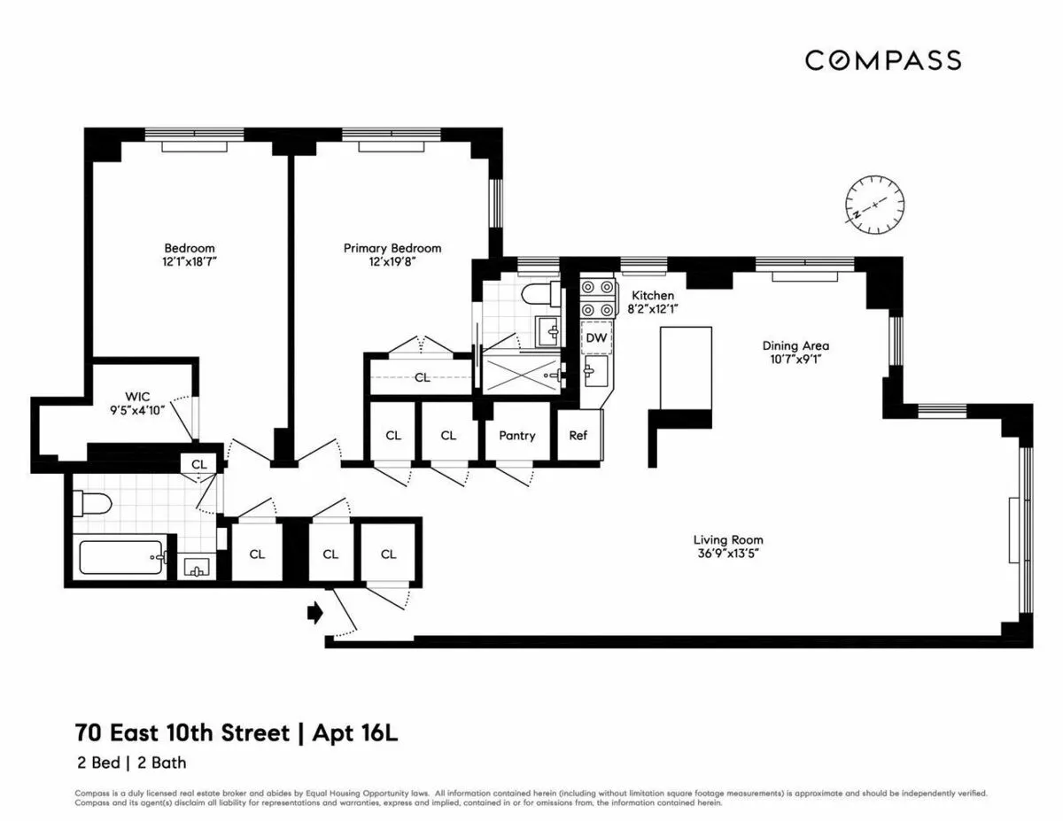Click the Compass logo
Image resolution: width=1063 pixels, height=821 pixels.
point(882,60)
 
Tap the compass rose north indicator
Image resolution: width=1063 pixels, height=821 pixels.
point(874,203)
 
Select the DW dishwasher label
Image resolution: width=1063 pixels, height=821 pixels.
point(596,337)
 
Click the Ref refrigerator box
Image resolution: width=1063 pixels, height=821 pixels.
point(578,435)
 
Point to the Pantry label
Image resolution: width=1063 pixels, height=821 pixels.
point(516,435)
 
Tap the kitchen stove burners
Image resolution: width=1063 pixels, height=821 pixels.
point(596,298)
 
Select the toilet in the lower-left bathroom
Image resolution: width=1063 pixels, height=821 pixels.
point(93,504)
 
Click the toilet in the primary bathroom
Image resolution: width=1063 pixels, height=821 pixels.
point(537,294)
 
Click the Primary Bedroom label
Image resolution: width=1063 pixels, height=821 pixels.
point(392,248)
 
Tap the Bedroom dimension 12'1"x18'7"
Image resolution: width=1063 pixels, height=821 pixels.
point(190,262)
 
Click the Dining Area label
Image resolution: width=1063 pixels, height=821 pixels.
point(795,345)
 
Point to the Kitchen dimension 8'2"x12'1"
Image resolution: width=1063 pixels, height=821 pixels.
point(652,309)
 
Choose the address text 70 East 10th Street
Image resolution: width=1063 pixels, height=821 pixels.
point(182,733)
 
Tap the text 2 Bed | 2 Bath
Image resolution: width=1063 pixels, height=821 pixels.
point(130,762)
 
